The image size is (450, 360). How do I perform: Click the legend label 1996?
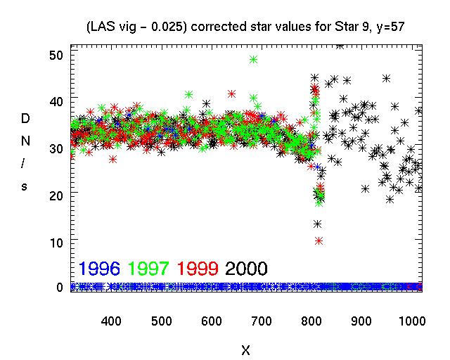click(x=99, y=269)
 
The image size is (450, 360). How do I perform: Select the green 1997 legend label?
click(x=148, y=269)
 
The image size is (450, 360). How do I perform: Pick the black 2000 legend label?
click(x=246, y=269)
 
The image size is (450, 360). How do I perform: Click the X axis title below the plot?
click(x=245, y=349)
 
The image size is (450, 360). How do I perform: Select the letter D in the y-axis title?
click(x=26, y=121)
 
